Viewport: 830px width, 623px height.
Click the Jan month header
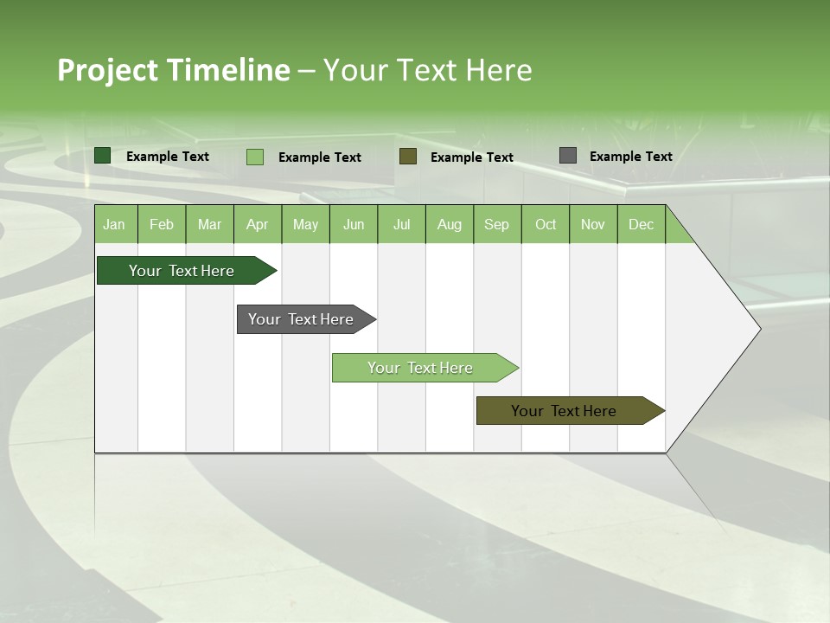tap(114, 224)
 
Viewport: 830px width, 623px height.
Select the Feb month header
tap(162, 224)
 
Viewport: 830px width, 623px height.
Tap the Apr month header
tap(257, 224)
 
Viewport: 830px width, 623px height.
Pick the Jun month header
tap(354, 224)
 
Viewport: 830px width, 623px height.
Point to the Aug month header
tap(449, 224)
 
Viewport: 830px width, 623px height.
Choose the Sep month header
tap(496, 224)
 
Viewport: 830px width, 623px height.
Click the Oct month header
tap(546, 224)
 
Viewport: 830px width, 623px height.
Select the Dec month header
tap(641, 224)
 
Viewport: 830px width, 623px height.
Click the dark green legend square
tap(103, 156)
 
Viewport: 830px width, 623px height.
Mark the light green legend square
tap(255, 157)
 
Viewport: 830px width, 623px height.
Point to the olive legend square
tap(408, 157)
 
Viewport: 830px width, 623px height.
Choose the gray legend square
tap(568, 156)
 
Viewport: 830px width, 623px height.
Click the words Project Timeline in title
tap(174, 70)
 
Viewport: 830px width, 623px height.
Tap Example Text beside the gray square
tap(630, 157)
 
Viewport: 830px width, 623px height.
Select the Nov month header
tap(593, 224)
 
